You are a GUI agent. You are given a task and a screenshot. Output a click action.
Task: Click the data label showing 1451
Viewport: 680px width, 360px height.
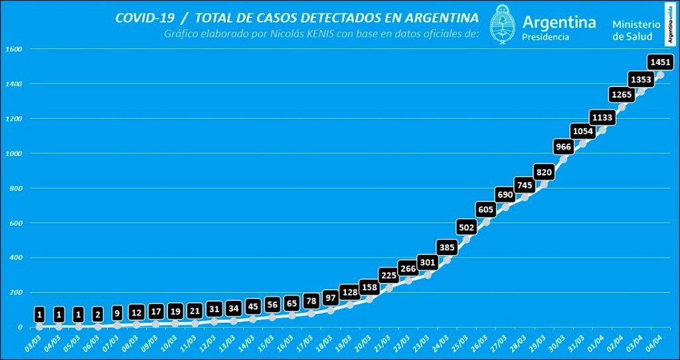point(661,62)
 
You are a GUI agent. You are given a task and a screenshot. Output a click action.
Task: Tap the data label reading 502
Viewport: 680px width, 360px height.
point(467,227)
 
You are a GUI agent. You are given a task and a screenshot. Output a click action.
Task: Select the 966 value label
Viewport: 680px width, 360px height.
point(564,146)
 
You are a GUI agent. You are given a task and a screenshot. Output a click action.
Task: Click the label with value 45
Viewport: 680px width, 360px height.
point(253,306)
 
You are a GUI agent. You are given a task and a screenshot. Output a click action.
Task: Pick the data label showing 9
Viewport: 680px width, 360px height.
point(118,313)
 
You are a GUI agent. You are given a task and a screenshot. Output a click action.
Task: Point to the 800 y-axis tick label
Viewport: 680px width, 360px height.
point(15,188)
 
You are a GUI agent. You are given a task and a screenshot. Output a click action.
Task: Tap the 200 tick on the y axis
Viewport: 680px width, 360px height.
point(15,292)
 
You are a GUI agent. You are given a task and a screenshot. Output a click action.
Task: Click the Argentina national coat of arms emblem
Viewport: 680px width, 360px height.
point(503,24)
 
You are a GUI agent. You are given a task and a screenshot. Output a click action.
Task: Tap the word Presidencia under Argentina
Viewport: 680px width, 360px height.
point(546,37)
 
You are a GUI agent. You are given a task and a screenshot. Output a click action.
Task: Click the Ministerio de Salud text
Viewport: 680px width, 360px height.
point(636,30)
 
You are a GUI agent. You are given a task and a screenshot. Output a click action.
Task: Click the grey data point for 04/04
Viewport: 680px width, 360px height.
point(660,74)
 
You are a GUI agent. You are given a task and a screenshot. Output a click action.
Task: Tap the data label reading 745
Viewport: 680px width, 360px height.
point(525,185)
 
